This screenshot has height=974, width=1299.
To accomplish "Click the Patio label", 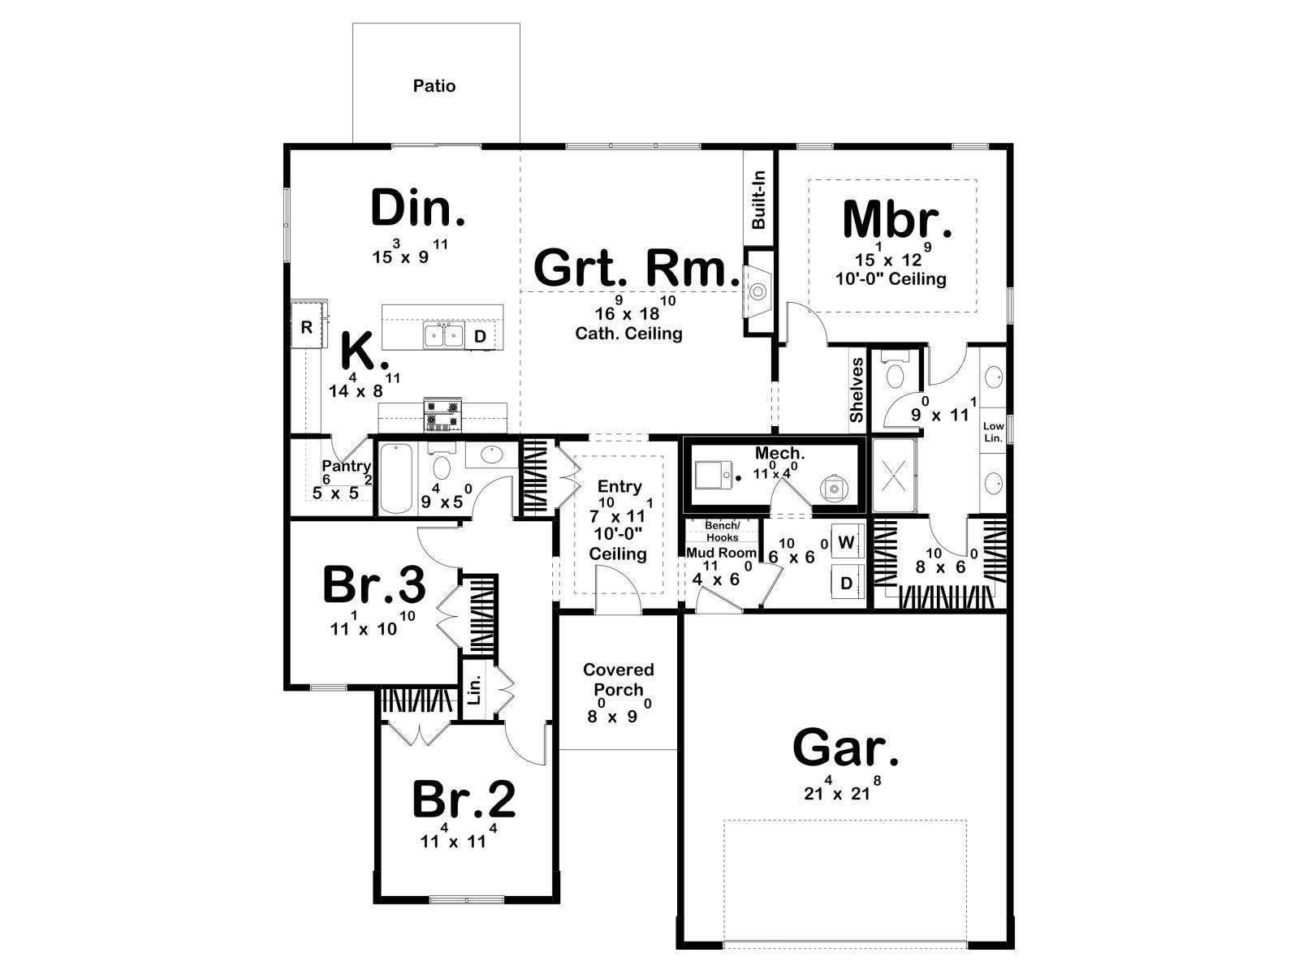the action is pos(434,86).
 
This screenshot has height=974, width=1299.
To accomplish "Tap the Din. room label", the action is pos(418,208).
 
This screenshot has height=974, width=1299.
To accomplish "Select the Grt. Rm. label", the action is pos(637,268).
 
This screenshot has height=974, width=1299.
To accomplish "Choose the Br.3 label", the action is pos(374,585).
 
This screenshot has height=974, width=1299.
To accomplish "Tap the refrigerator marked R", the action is pos(307,327).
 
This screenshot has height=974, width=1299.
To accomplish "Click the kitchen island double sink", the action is pos(443,335).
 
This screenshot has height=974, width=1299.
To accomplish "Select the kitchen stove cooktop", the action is pos(442,414).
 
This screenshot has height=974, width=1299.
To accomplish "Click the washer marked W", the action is pos(848,542).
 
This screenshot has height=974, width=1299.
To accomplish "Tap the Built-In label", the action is pos(758,200).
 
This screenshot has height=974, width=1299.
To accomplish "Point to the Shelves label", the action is pos(857,390).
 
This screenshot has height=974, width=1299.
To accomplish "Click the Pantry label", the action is pos(346,467).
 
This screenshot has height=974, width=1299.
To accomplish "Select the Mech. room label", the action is pos(779,454).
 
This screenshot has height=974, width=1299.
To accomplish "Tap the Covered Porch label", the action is pos(619,679).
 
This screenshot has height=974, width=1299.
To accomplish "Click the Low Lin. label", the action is pos(993,432).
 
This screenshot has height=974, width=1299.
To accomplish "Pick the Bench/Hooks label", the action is pos(722,531).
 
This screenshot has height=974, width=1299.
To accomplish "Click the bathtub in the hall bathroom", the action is pos(395,478).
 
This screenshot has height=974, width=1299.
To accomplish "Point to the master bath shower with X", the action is pos(894,476).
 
